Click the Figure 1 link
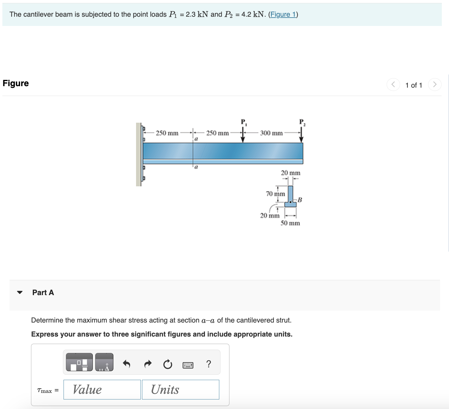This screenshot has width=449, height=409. [283, 14]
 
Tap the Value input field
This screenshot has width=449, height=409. [102, 390]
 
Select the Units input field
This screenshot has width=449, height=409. [180, 390]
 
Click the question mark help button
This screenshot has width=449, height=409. [209, 364]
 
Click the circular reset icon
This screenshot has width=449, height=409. [168, 364]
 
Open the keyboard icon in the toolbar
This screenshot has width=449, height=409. [188, 365]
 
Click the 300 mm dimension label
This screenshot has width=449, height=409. [271, 133]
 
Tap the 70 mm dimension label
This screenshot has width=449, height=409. [275, 194]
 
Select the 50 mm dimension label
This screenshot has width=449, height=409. [290, 223]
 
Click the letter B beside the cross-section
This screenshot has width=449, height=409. [300, 200]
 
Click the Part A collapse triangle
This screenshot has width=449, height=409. [20, 292]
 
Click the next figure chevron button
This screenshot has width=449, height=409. [434, 84]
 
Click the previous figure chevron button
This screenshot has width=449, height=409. [393, 84]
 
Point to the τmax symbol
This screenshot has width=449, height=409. [44, 391]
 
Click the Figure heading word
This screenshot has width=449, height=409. [16, 83]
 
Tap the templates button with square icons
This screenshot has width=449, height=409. [79, 362]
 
